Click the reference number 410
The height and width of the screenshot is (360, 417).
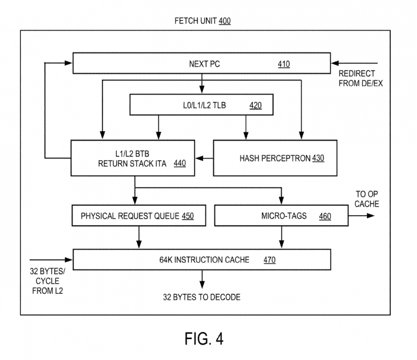284,64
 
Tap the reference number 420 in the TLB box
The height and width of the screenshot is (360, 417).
255,106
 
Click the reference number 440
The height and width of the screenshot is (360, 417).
179,163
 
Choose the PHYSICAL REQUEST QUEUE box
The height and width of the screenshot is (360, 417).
138,216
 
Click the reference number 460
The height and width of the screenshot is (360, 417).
325,216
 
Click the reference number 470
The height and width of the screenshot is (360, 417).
269,259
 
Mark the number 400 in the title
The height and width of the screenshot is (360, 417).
225,21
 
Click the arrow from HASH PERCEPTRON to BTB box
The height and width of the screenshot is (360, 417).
204,158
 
